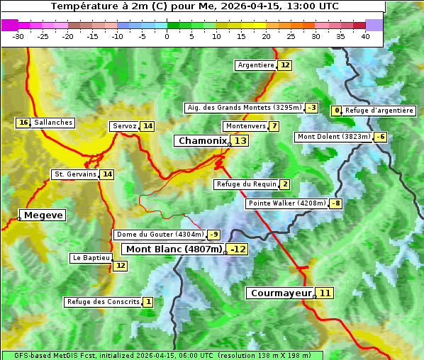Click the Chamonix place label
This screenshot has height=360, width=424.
[x=202, y=141]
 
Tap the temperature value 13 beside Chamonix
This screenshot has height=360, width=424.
[x=241, y=141]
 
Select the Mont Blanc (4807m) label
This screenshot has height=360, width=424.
[x=174, y=249]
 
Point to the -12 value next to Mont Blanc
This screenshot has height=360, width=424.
[x=238, y=249]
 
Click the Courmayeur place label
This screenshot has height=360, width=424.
[x=281, y=293]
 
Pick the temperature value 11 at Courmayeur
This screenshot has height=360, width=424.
[x=325, y=293]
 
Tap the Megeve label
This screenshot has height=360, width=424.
[x=43, y=215]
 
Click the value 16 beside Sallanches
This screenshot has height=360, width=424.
[x=23, y=123]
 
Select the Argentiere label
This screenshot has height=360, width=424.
[x=256, y=65]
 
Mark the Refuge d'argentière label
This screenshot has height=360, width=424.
[x=379, y=111]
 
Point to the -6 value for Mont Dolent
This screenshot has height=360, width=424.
[x=380, y=137]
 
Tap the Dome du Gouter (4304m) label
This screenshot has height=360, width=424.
[x=160, y=235]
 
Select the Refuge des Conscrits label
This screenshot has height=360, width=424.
[x=103, y=302]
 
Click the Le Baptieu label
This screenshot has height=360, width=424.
[x=91, y=258]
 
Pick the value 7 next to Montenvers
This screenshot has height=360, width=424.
[x=274, y=126]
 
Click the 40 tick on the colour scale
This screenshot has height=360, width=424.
[x=365, y=36]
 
